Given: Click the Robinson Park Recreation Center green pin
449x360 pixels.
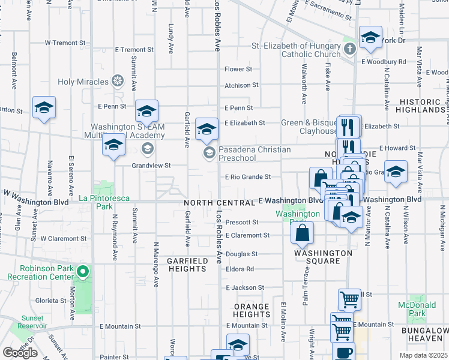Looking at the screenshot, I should [83, 273].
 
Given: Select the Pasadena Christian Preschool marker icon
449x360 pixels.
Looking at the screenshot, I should [209, 152].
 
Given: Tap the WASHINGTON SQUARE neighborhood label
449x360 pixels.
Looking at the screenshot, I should [323, 257].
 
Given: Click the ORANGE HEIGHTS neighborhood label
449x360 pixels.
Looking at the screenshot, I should [252, 311].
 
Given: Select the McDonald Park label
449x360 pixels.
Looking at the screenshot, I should [417, 309].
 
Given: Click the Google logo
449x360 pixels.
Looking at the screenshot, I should [20, 352].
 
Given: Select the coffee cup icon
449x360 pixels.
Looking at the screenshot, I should [343, 353].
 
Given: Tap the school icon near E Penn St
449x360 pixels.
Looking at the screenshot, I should [146, 110].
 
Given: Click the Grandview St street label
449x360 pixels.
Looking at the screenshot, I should [151, 165].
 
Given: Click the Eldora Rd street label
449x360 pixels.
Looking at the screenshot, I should [240, 269].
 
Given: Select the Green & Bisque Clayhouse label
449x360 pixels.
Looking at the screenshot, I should [309, 127].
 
